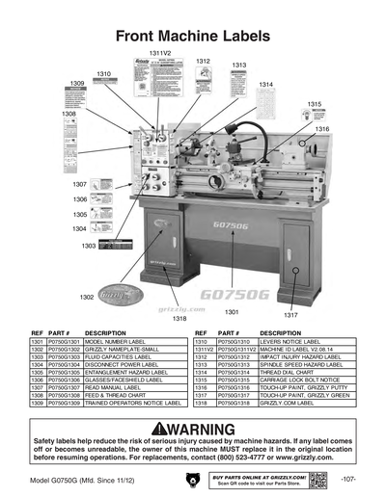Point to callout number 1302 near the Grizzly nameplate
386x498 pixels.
(87, 297)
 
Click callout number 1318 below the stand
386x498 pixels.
(179, 318)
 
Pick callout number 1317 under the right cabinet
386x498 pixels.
(291, 314)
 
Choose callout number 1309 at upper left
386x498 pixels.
(76, 84)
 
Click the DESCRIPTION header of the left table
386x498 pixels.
(106, 332)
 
